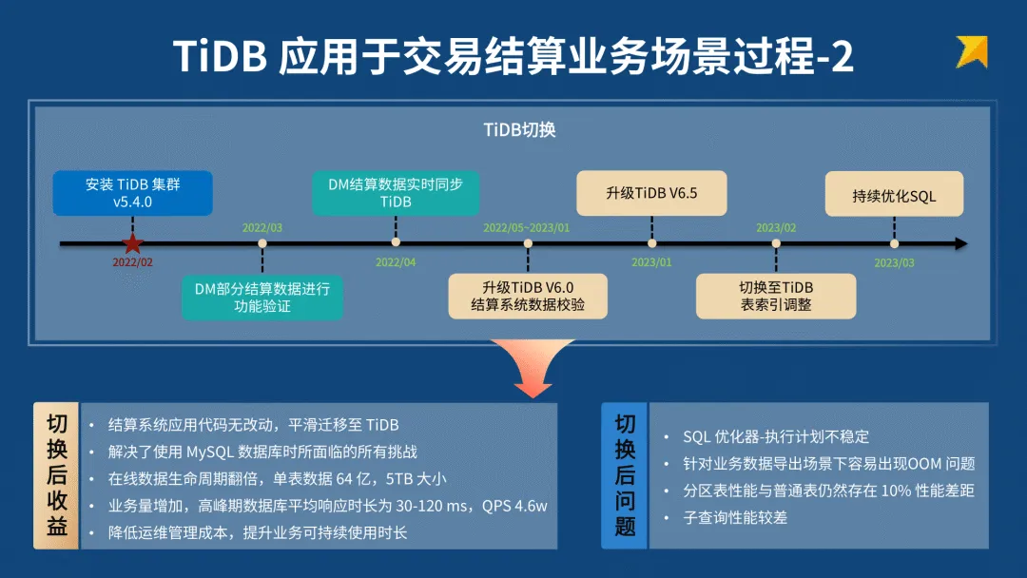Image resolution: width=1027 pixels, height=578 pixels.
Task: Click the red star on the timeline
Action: pyautogui.click(x=132, y=244)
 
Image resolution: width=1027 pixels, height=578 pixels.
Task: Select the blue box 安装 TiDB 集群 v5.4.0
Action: pyautogui.click(x=132, y=193)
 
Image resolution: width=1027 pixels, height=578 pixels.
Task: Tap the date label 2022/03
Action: pyautogui.click(x=262, y=228)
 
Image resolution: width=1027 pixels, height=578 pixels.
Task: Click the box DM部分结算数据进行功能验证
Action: pyautogui.click(x=262, y=298)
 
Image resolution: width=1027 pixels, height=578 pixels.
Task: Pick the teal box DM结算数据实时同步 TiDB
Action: pyautogui.click(x=396, y=193)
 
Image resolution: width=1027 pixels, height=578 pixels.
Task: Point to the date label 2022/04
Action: pyautogui.click(x=396, y=262)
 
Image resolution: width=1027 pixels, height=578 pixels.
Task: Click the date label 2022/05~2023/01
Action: pyautogui.click(x=527, y=228)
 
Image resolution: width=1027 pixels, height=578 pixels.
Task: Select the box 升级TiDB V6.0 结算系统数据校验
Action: pyautogui.click(x=528, y=296)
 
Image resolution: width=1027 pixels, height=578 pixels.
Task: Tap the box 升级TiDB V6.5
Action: pyautogui.click(x=651, y=193)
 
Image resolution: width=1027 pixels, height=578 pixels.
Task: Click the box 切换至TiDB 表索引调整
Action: pyautogui.click(x=776, y=296)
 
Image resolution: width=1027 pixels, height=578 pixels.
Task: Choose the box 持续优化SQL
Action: pyautogui.click(x=894, y=196)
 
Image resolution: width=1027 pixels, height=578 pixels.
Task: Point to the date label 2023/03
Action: pyautogui.click(x=894, y=262)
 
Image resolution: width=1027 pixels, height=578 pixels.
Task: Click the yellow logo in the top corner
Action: pyautogui.click(x=972, y=51)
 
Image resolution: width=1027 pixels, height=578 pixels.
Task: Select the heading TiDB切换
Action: pyautogui.click(x=519, y=130)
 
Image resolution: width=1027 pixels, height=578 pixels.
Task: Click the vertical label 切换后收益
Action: pyautogui.click(x=57, y=475)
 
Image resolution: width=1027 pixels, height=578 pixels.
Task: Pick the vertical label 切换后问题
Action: pyautogui.click(x=625, y=475)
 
